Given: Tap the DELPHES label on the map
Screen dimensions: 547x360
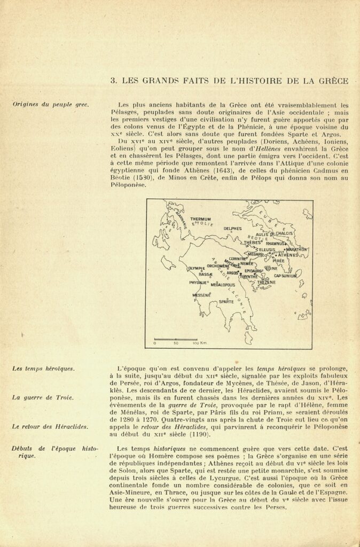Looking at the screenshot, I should (232, 229).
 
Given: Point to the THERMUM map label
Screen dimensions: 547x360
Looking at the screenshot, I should (200, 218).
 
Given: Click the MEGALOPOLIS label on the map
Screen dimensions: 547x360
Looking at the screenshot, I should (223, 285).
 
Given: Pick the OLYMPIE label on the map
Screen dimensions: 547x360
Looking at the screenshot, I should (196, 268).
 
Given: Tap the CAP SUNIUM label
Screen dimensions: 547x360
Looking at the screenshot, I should (286, 276).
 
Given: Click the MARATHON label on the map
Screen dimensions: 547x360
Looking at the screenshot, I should (296, 249).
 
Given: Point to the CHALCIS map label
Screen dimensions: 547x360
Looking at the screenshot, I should (284, 233).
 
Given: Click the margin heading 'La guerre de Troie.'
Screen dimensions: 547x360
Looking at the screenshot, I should (43, 397).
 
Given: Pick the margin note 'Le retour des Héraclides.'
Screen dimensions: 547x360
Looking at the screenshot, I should (50, 426).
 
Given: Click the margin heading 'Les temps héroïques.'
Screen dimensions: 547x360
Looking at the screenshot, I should (44, 369).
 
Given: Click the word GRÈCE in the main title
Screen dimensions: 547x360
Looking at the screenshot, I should (332, 81).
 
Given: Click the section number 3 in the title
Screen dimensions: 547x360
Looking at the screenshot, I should (113, 81).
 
